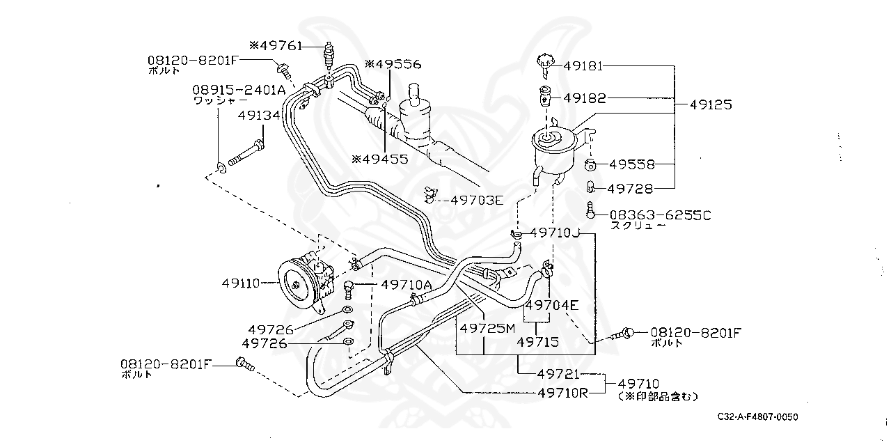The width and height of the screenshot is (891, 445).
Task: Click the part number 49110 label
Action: tap(241, 283)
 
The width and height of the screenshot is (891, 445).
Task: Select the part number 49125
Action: tap(711, 104)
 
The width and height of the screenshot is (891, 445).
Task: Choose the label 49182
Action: tap(584, 98)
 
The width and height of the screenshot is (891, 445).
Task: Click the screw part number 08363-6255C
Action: tap(661, 215)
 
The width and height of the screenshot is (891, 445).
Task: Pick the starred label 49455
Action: tap(379, 159)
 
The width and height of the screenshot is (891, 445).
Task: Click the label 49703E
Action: tap(476, 200)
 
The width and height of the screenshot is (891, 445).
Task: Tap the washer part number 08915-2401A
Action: tap(239, 90)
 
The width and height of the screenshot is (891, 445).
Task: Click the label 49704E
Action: tap(551, 304)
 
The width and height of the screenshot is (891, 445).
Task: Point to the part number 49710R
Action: tap(562, 392)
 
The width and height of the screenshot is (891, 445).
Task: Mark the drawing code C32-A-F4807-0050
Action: tap(758, 417)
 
